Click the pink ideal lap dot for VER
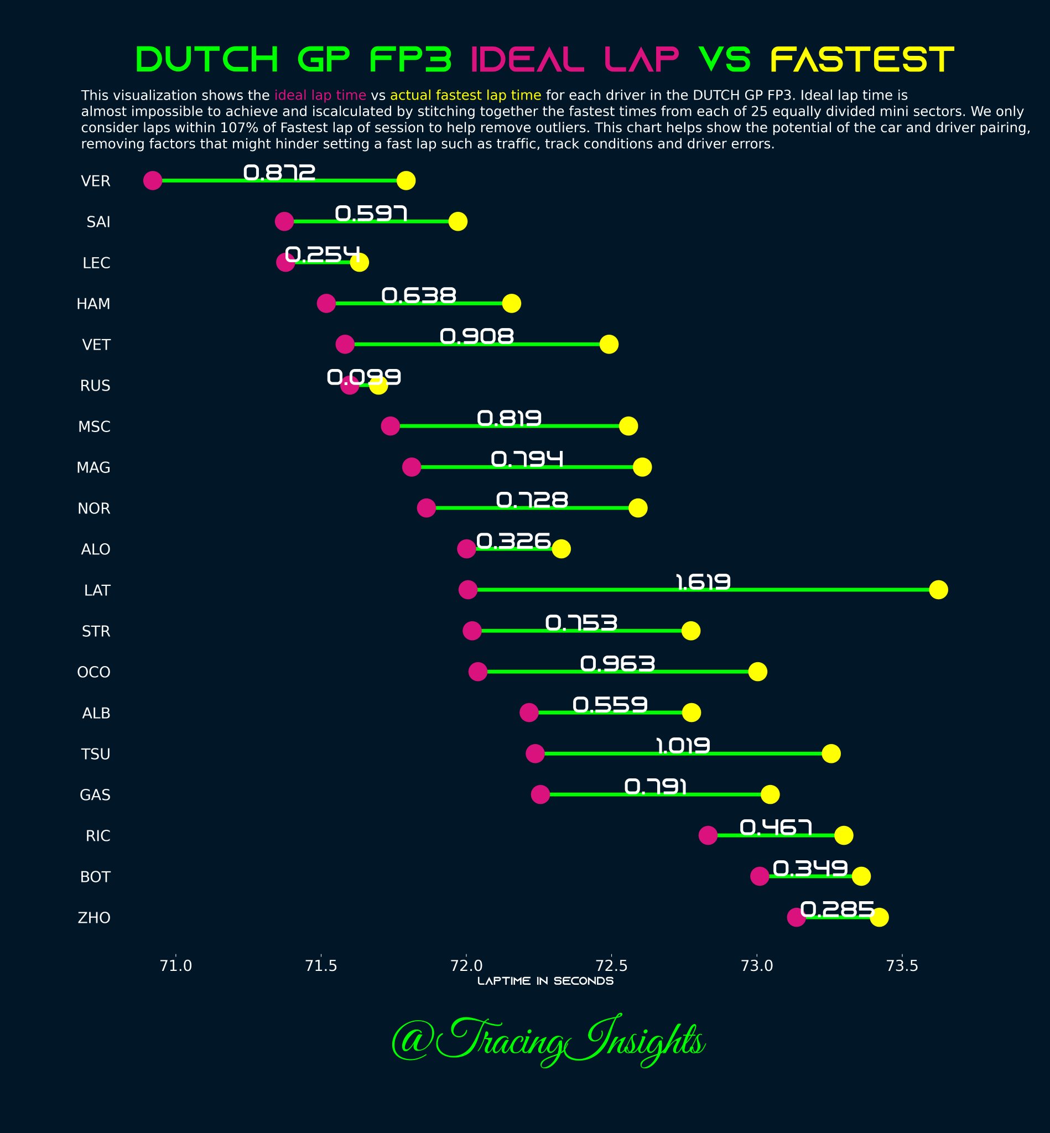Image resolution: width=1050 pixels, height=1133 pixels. (x=152, y=181)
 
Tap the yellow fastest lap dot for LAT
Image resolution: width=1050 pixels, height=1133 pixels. (x=938, y=590)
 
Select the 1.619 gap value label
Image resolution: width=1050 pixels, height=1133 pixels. (x=703, y=582)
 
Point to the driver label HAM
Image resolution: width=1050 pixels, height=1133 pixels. (x=93, y=304)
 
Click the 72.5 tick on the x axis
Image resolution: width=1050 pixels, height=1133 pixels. (x=611, y=965)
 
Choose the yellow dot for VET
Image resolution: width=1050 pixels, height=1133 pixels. (x=609, y=344)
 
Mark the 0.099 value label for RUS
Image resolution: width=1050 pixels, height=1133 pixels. (x=363, y=377)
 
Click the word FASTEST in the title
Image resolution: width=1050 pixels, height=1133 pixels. (x=862, y=60)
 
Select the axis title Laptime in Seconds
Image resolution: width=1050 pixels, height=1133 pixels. (x=545, y=981)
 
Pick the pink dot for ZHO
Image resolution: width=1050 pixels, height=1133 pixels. (x=796, y=917)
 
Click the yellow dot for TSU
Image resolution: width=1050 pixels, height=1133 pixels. (x=831, y=754)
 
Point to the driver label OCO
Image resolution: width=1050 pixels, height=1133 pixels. (x=93, y=672)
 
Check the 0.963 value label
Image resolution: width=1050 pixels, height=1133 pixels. (x=617, y=664)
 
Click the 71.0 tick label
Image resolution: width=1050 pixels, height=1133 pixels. (x=176, y=965)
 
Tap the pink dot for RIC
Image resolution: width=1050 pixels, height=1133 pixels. (x=708, y=835)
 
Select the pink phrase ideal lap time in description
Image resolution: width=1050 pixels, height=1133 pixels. (x=320, y=96)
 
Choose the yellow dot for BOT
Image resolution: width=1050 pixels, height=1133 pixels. (x=861, y=876)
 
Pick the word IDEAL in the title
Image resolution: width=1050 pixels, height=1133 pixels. (x=528, y=60)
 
